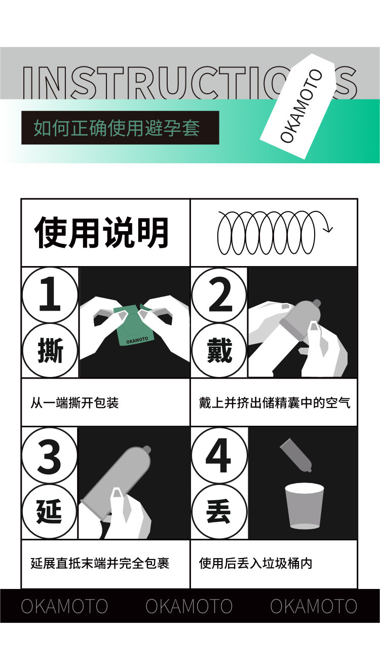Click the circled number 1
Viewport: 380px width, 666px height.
(x=50, y=294)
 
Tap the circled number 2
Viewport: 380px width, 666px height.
(x=219, y=294)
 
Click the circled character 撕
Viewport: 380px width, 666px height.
(x=50, y=351)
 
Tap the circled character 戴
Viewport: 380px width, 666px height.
(x=219, y=351)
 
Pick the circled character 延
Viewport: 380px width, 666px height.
(x=50, y=511)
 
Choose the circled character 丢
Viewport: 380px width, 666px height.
(x=219, y=511)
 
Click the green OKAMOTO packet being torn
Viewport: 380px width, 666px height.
(x=132, y=325)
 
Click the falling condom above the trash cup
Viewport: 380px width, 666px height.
(x=296, y=455)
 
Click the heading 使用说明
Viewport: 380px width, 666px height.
(x=102, y=233)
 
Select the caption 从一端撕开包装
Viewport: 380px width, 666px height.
(x=74, y=403)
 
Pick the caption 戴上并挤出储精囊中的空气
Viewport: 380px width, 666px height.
(x=275, y=403)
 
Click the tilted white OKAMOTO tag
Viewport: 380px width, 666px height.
(x=301, y=106)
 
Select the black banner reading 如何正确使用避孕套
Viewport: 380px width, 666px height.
(x=120, y=128)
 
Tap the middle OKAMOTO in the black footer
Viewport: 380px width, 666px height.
(x=189, y=606)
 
